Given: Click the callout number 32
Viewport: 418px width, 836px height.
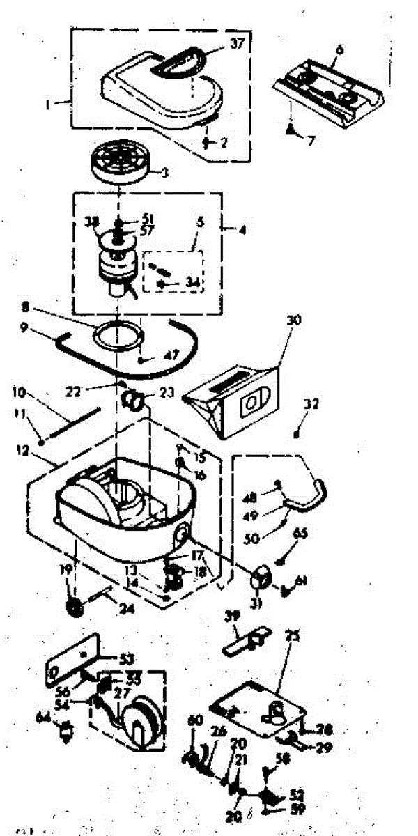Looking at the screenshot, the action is point(310,403).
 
